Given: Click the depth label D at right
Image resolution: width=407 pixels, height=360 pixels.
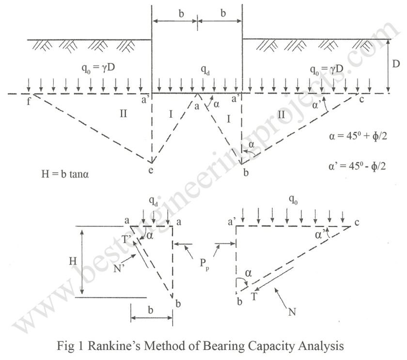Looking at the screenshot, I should pyautogui.click(x=397, y=64).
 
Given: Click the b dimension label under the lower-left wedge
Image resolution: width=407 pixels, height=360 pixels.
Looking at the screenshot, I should pyautogui.click(x=151, y=310).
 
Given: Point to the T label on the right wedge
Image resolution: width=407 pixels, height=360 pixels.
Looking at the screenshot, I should pyautogui.click(x=253, y=296).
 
